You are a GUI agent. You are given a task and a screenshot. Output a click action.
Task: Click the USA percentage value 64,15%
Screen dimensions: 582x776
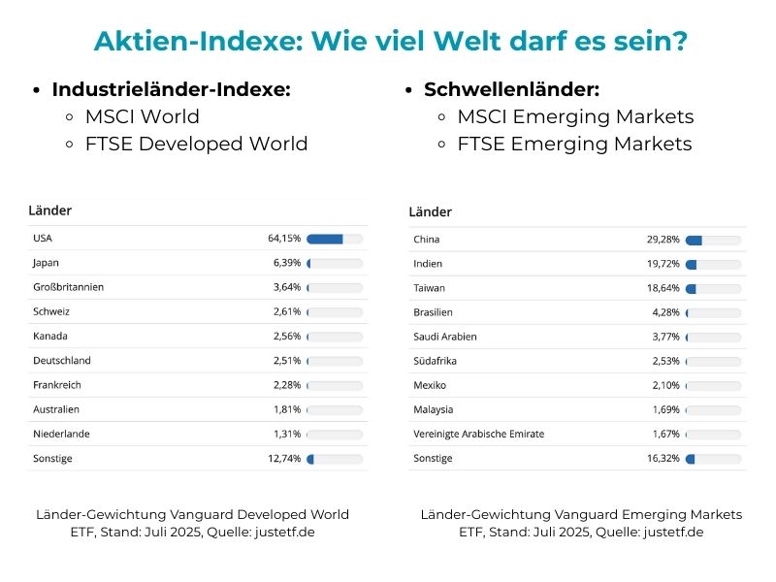tap(284, 239)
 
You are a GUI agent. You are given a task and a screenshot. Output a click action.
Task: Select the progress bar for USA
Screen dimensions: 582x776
tap(335, 239)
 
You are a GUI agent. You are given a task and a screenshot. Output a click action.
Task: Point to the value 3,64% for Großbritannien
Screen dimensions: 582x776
tap(287, 287)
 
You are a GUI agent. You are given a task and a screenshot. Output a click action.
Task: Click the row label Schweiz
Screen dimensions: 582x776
tap(50, 311)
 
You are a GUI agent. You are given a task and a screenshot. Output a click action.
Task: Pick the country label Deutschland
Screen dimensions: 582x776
tap(61, 360)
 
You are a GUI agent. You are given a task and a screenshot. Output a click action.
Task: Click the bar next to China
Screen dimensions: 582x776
tap(713, 240)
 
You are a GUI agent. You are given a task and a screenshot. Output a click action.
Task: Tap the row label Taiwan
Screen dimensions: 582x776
tap(430, 288)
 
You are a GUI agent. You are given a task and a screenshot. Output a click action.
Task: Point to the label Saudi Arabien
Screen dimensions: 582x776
tap(445, 337)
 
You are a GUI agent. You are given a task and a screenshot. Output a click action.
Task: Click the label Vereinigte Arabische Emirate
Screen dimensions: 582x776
tap(478, 434)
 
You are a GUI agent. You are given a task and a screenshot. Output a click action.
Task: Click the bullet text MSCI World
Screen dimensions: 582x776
tap(142, 116)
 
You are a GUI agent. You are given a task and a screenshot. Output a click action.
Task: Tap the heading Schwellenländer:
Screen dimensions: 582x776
tap(511, 89)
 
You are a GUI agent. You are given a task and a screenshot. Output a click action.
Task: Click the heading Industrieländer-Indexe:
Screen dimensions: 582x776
tap(172, 89)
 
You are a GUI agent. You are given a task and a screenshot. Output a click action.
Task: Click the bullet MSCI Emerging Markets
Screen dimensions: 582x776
tap(576, 116)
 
